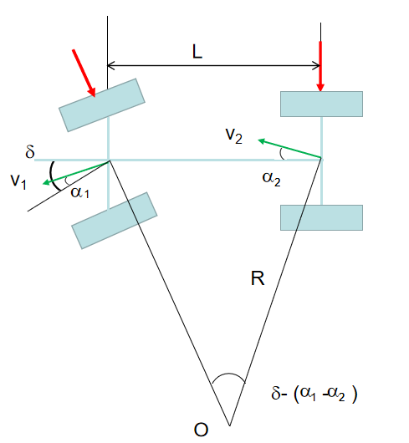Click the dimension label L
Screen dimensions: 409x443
coord(197,52)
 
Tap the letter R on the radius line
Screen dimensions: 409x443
coord(258,278)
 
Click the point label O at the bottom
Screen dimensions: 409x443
coord(201,430)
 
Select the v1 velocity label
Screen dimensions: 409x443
coord(18,181)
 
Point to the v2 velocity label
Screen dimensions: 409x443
coord(234,135)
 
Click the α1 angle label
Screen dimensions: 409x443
coord(80,192)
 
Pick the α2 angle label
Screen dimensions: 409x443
coord(271,179)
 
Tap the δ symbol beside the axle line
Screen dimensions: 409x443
coord(30,151)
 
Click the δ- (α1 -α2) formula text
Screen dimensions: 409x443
coord(314,394)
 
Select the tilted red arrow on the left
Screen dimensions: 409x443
coord(84,74)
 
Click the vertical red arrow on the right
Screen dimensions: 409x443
coord(320,66)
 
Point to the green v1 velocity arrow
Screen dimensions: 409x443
coord(76,173)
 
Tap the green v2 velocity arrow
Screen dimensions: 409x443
coord(289,148)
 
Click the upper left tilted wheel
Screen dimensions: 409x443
coord(102,105)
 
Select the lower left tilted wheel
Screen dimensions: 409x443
coord(115,221)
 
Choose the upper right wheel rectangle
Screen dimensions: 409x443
coord(321,104)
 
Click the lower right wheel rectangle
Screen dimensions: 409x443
coord(321,217)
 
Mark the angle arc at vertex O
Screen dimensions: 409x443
coord(228,374)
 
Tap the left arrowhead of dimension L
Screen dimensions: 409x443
coord(110,65)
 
